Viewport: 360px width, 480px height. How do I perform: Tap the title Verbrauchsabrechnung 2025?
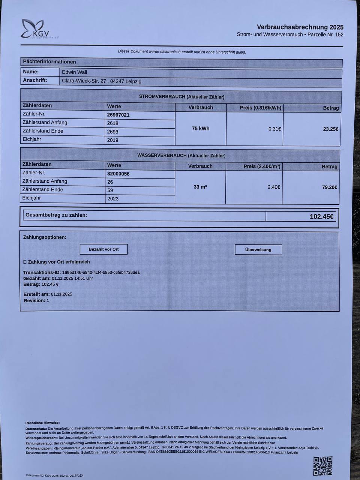300,27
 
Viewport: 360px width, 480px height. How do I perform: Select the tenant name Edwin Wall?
75,72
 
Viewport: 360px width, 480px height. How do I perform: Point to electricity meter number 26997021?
118,115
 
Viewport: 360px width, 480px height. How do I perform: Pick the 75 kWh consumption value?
201,129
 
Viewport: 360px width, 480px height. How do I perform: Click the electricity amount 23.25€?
330,129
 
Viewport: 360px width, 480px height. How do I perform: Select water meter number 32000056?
118,174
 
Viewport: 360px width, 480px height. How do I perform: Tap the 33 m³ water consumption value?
200,187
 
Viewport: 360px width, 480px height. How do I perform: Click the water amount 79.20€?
329,187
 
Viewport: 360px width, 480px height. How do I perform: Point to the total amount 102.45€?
321,216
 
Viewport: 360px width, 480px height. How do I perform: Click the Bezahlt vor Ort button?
103,249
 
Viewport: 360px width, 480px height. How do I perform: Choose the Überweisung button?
258,250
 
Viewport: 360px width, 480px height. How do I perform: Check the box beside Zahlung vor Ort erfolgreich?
25,262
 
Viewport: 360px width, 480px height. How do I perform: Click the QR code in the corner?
323,466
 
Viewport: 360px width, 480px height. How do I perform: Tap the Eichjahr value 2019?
112,140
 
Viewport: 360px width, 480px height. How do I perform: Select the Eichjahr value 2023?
113,198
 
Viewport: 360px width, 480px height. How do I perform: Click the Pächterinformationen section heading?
49,62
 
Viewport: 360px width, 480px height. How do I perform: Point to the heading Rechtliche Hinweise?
42,423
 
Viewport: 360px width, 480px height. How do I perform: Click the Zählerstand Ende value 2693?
112,132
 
